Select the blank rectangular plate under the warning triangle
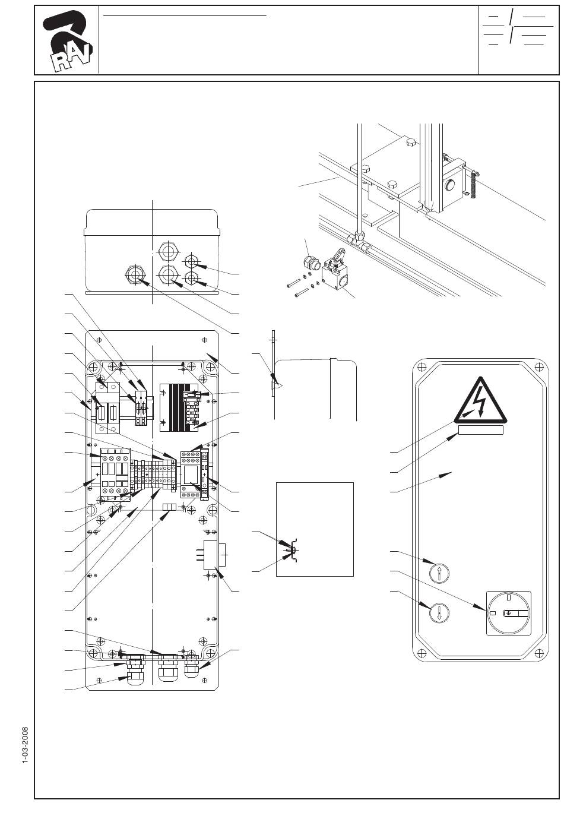[480, 429]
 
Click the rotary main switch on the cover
[508, 613]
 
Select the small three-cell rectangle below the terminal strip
[170, 507]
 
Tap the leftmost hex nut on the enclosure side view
[136, 275]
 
